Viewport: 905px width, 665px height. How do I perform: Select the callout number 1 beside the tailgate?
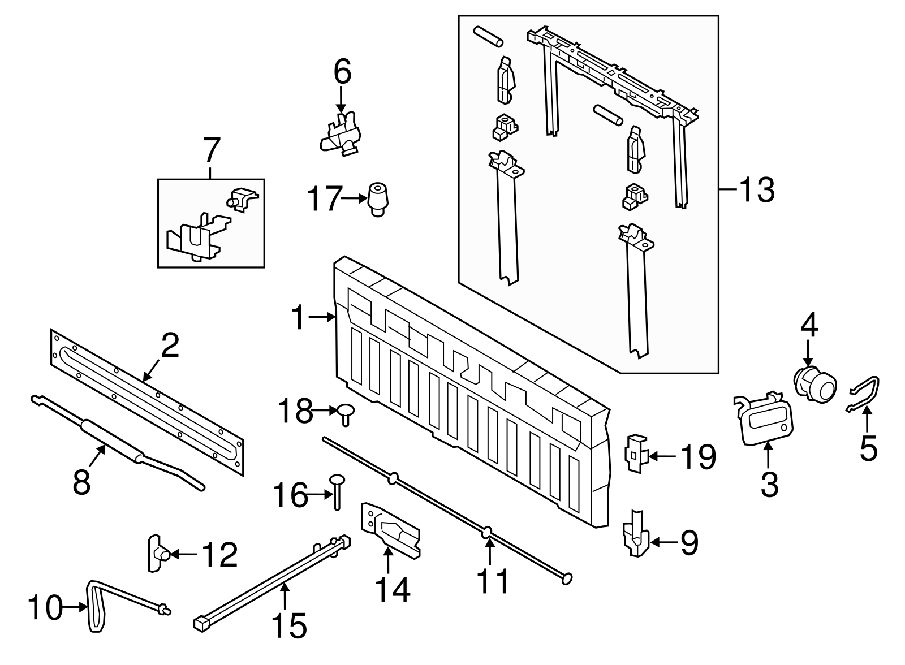[x=299, y=318]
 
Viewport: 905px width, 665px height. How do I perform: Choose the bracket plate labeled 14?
[x=390, y=528]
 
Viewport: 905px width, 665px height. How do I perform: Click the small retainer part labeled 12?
[x=156, y=553]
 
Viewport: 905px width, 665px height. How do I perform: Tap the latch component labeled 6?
[x=341, y=133]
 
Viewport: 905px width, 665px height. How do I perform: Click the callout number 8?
[x=81, y=483]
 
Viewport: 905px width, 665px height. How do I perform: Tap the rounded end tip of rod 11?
[x=567, y=578]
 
